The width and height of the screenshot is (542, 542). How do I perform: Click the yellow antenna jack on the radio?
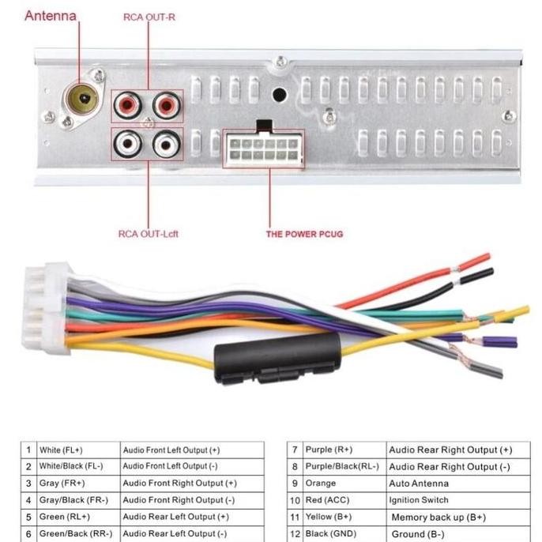[82, 100]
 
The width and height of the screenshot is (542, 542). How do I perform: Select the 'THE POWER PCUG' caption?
[304, 234]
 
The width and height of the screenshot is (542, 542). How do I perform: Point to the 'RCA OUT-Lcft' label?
[148, 233]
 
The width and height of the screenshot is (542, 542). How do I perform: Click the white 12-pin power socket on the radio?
[262, 149]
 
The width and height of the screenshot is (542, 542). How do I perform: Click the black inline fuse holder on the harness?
[277, 358]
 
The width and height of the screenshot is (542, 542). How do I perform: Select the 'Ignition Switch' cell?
[418, 500]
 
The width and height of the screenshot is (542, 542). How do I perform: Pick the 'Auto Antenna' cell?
[418, 483]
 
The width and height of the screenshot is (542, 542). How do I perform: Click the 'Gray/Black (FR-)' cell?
[73, 500]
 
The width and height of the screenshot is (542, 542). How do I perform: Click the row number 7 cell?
[294, 450]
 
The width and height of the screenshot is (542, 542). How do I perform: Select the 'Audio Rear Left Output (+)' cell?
[176, 518]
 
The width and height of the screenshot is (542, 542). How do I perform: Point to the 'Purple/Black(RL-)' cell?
[341, 466]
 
